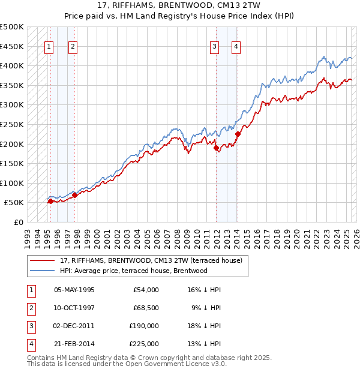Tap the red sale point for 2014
coord(238,134)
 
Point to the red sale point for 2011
coord(216,148)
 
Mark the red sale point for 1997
coord(74,195)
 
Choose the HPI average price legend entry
coord(133,271)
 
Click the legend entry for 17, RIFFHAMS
coord(151,260)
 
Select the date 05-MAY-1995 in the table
coord(74,290)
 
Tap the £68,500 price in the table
coord(145,308)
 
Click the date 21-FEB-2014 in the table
coord(74,344)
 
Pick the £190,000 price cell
coord(143,326)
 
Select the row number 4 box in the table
coord(31,344)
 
